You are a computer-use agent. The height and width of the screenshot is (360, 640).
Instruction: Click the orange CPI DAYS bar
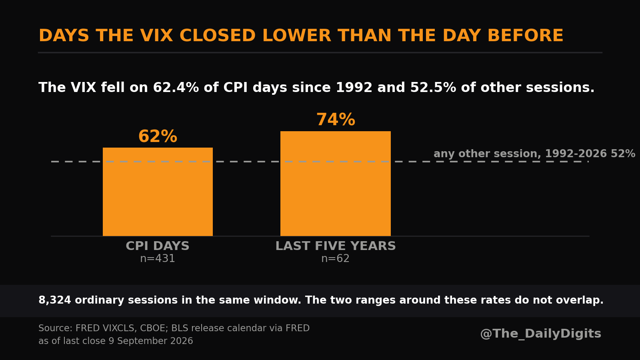158,192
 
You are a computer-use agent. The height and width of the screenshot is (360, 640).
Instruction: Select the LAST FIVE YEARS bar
336,184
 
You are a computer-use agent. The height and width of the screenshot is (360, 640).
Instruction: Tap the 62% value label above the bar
158,136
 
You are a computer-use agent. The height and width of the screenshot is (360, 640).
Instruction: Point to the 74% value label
336,120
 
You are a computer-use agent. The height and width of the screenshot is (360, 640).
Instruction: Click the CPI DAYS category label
158,246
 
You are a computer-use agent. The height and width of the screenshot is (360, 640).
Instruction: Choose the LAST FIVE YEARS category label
336,246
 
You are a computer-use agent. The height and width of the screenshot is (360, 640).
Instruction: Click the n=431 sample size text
158,258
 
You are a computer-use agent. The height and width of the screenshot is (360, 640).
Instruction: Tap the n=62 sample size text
336,258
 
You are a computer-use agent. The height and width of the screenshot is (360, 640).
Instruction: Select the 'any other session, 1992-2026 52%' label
534,154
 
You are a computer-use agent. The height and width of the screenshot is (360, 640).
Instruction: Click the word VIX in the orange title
156,36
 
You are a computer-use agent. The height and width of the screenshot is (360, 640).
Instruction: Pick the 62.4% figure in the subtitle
176,88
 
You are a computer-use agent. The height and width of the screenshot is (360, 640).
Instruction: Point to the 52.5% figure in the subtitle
433,88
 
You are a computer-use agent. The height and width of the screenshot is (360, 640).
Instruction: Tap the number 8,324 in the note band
54,300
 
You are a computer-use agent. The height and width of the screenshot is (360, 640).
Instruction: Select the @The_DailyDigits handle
540,334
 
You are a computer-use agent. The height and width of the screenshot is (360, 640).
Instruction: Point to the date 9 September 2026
151,341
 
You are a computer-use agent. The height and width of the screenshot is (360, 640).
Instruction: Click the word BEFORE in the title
526,36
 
